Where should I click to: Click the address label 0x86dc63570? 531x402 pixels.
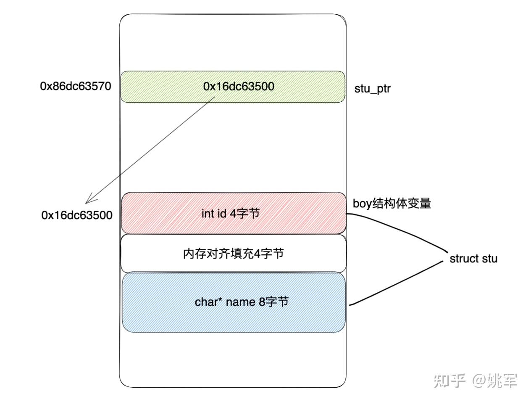pos(76,86)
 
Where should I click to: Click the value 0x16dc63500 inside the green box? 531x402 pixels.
pos(239,86)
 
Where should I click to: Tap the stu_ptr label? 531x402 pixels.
pos(372,89)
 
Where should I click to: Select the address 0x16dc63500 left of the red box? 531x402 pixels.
pos(77,215)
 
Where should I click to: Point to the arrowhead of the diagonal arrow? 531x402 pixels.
pos(89,201)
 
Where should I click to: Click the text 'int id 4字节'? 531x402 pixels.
pos(231,214)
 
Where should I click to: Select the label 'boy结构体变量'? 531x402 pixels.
pos(392,204)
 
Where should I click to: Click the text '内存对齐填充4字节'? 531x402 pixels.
pos(233,254)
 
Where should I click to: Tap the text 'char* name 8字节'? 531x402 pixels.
pos(242,302)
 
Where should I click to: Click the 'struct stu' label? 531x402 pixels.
pos(473,259)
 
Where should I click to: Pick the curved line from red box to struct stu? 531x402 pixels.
pos(403,231)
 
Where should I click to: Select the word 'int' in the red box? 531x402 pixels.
pos(208,214)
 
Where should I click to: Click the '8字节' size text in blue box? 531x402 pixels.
pos(273,302)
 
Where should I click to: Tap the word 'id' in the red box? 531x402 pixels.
pos(221,214)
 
